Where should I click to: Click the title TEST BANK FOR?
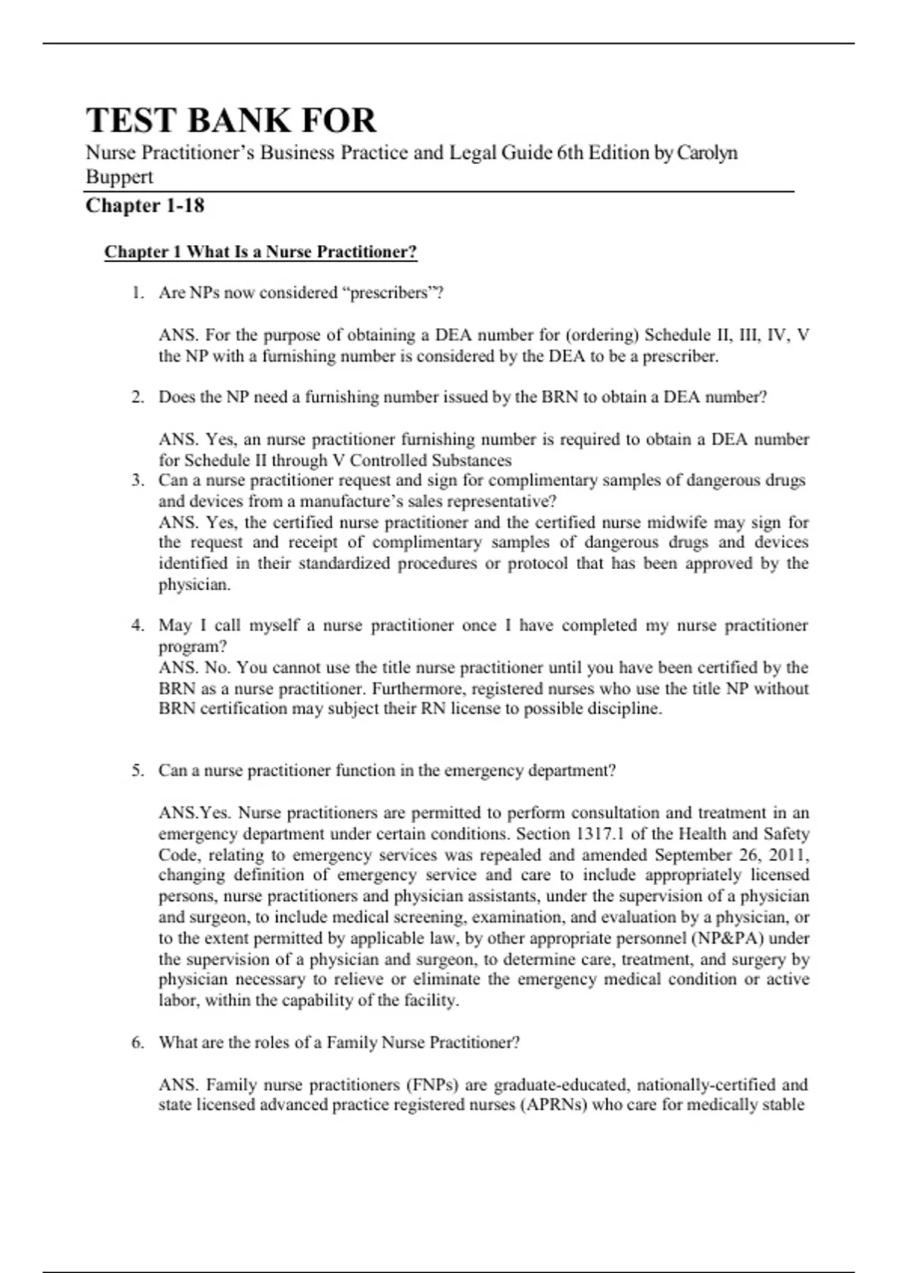pos(230,121)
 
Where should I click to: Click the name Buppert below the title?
pos(119,177)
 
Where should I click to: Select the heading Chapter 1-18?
pos(144,206)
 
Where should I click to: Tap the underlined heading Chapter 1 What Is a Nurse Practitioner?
pos(260,252)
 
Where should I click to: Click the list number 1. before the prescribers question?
pos(138,293)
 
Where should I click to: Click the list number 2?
pos(138,397)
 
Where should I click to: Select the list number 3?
pos(138,480)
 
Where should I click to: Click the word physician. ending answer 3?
pos(195,585)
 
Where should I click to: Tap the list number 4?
pos(138,625)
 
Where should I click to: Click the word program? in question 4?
pos(192,646)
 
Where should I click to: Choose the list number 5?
pos(138,771)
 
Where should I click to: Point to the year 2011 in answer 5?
pos(787,854)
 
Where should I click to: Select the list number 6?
pos(138,1042)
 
